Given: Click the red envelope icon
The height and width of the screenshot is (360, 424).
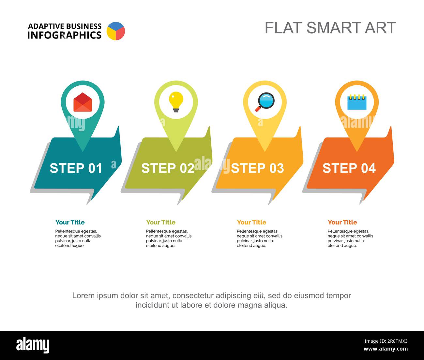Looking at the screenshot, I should (x=83, y=102).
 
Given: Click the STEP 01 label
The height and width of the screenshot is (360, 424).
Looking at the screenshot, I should (x=76, y=168).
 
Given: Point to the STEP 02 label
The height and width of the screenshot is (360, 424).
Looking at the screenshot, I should (x=168, y=168).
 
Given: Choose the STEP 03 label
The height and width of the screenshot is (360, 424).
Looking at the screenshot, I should (x=258, y=168).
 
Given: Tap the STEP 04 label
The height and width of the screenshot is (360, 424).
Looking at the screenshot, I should (x=349, y=168).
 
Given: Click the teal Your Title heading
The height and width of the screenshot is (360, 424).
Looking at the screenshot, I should (x=70, y=222).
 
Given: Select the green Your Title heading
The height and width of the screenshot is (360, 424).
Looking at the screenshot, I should (x=161, y=222).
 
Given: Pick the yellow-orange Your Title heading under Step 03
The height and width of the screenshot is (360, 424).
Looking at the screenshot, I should (x=251, y=222).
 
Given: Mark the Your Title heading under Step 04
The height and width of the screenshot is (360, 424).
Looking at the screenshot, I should (x=342, y=222).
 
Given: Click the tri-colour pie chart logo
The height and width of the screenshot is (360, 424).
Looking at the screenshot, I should (x=116, y=31).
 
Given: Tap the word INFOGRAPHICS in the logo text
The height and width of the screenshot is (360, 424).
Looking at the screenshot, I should (x=64, y=35).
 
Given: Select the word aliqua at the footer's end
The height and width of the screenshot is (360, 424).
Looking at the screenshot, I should (x=276, y=305).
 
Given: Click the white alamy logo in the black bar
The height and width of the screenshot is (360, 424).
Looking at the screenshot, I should (x=33, y=345).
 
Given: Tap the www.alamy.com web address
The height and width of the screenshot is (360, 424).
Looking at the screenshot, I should (x=386, y=349).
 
